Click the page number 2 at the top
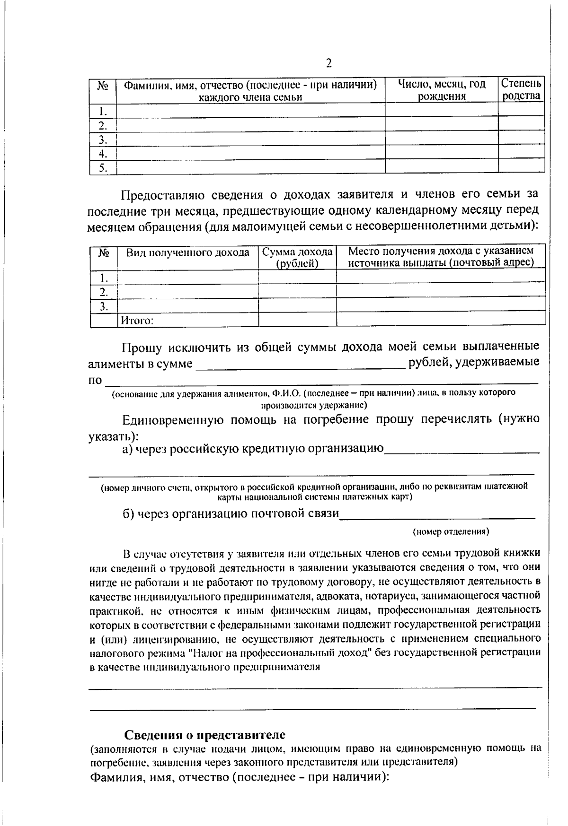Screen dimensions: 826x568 328,63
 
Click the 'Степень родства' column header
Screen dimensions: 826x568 521,90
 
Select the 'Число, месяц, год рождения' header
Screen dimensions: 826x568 441,90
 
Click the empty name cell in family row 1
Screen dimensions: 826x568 250,111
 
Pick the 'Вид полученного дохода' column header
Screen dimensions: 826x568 187,252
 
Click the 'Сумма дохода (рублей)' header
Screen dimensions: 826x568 297,257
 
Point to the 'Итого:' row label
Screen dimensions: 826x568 137,321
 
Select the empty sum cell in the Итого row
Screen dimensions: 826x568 297,320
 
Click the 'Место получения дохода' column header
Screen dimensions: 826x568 441,256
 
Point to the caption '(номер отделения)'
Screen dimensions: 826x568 451,531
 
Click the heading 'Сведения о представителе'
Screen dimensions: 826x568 204,735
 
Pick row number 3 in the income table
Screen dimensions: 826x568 103,306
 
